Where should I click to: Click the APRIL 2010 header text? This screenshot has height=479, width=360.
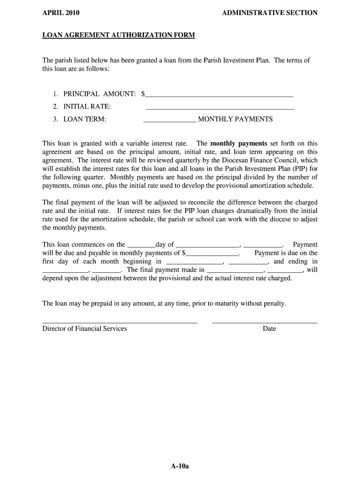(61, 13)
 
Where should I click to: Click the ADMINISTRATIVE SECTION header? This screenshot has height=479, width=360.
(270, 13)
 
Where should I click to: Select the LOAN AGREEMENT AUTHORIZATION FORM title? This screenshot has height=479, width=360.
(118, 36)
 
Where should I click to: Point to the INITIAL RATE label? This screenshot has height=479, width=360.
(87, 107)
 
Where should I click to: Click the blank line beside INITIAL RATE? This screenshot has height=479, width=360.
(220, 109)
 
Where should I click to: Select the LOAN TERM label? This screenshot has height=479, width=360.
(85, 119)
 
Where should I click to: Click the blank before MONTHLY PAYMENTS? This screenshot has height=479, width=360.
(170, 121)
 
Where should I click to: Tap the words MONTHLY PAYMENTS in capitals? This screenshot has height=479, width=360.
(235, 119)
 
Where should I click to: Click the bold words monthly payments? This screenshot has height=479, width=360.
(238, 144)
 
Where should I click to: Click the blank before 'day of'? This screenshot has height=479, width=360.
(141, 246)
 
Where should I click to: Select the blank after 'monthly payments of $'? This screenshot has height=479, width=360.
(213, 254)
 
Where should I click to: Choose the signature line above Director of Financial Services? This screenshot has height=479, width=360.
(120, 322)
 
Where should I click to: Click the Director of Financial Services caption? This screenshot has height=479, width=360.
(85, 329)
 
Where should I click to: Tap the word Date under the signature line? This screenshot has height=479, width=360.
(269, 329)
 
